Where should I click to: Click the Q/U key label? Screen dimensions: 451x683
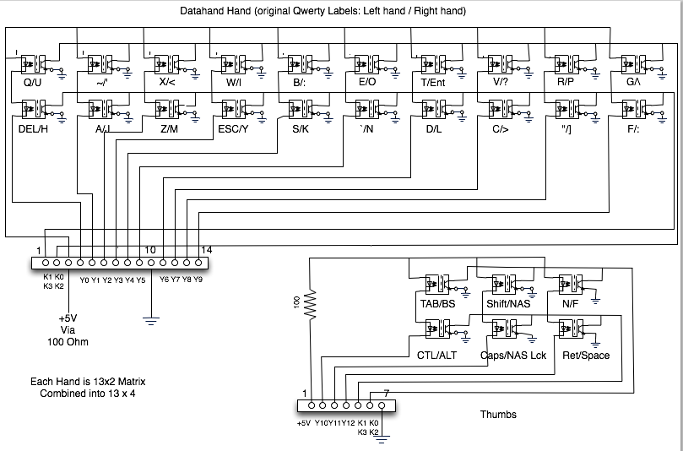click(x=30, y=82)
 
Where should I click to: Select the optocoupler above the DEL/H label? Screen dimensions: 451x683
click(x=34, y=109)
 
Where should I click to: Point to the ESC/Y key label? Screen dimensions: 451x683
click(x=233, y=128)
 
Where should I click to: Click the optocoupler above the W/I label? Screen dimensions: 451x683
click(x=233, y=62)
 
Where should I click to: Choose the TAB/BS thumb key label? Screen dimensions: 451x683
click(x=436, y=303)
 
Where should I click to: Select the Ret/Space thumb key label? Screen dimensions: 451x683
click(x=586, y=355)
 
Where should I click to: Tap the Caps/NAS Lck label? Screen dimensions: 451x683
click(x=513, y=355)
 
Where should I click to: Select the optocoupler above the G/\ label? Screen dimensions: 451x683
click(x=633, y=62)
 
